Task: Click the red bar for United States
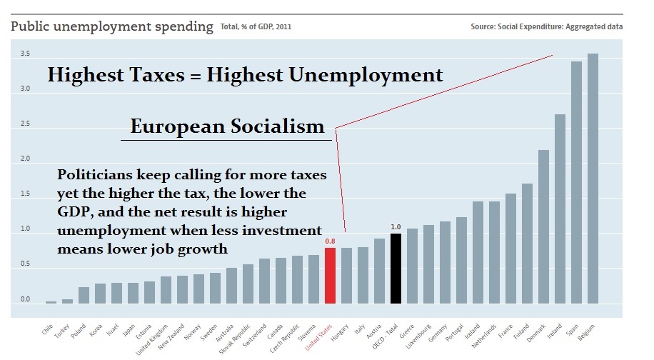pyautogui.click(x=330, y=276)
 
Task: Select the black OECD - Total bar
pyautogui.click(x=396, y=269)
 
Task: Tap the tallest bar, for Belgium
pyautogui.click(x=592, y=179)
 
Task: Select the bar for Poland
pyautogui.click(x=84, y=295)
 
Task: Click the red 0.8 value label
pyautogui.click(x=330, y=241)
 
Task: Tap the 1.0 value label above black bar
pyautogui.click(x=396, y=227)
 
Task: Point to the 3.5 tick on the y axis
pyautogui.click(x=25, y=54)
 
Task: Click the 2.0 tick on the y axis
pyautogui.click(x=25, y=159)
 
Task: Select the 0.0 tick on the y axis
pyautogui.click(x=25, y=300)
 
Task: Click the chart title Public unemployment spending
pyautogui.click(x=111, y=27)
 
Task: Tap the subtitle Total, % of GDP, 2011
pyautogui.click(x=255, y=28)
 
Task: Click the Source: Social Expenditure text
pyautogui.click(x=546, y=27)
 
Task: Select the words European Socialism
pyautogui.click(x=226, y=127)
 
